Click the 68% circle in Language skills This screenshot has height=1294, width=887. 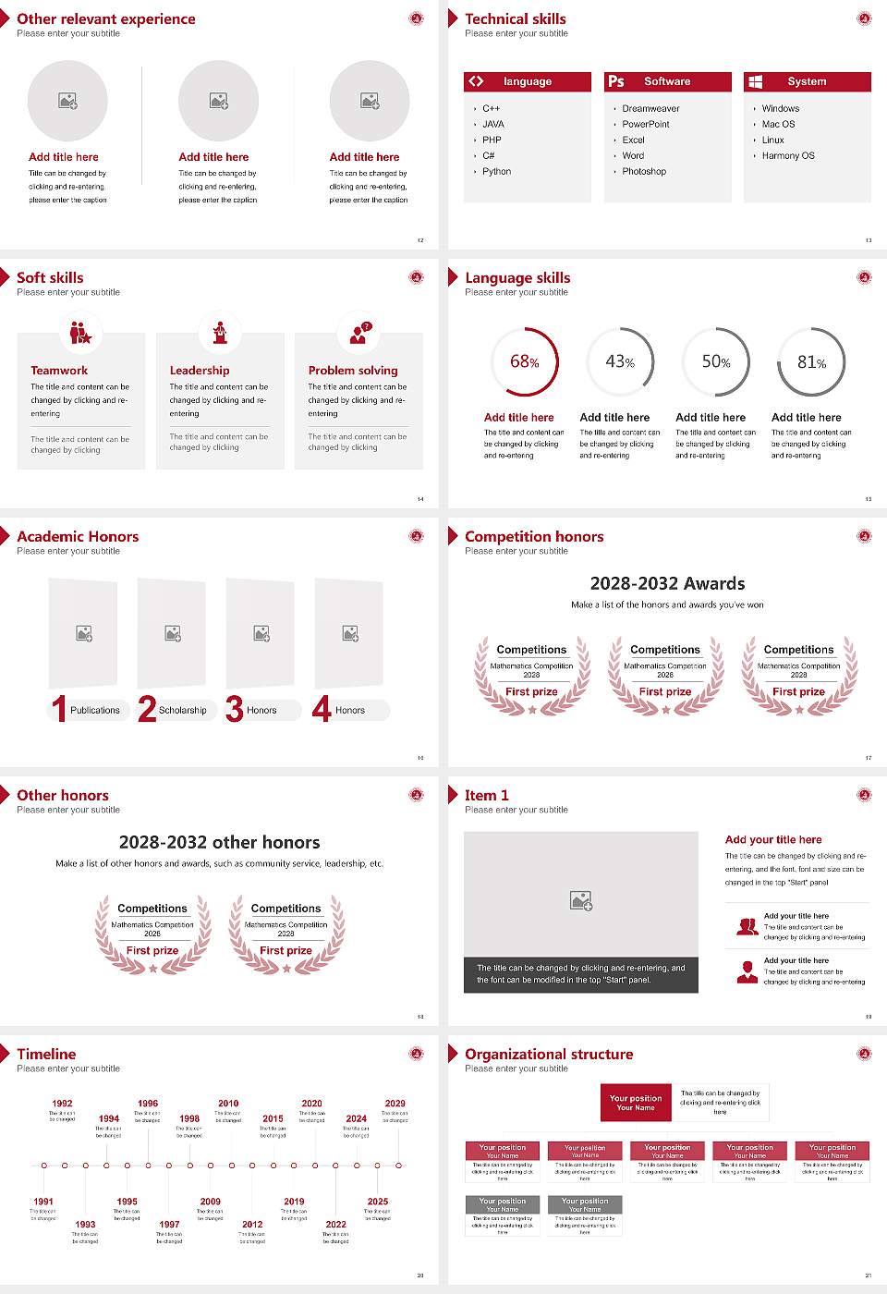(525, 361)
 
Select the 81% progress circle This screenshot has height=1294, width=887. (811, 361)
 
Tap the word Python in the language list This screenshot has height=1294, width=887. (496, 172)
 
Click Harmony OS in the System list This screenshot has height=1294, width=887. (788, 156)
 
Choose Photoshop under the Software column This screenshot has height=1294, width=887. (644, 172)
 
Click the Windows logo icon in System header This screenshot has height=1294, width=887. (756, 81)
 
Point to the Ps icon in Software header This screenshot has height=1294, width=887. (616, 81)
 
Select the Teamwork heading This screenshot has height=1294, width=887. (59, 370)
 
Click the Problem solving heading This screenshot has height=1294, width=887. (353, 370)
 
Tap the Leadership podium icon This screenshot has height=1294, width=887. (220, 333)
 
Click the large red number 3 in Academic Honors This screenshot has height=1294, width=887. (235, 709)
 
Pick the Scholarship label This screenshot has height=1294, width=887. (182, 711)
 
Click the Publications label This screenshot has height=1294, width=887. (95, 711)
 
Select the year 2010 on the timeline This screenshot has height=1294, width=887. (228, 1103)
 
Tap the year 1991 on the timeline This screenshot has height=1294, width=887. (43, 1202)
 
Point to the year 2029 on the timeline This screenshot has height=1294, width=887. (395, 1103)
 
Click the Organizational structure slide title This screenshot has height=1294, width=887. (549, 1054)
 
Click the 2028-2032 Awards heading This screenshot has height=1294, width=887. (667, 583)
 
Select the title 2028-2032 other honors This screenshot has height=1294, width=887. (219, 842)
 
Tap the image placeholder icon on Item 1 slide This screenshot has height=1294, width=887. (581, 899)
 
